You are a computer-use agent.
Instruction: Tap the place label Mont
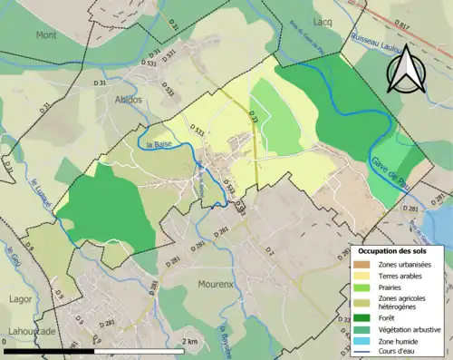(x=45, y=34)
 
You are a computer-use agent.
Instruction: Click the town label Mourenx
(x=217, y=284)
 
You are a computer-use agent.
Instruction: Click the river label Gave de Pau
(x=389, y=170)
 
